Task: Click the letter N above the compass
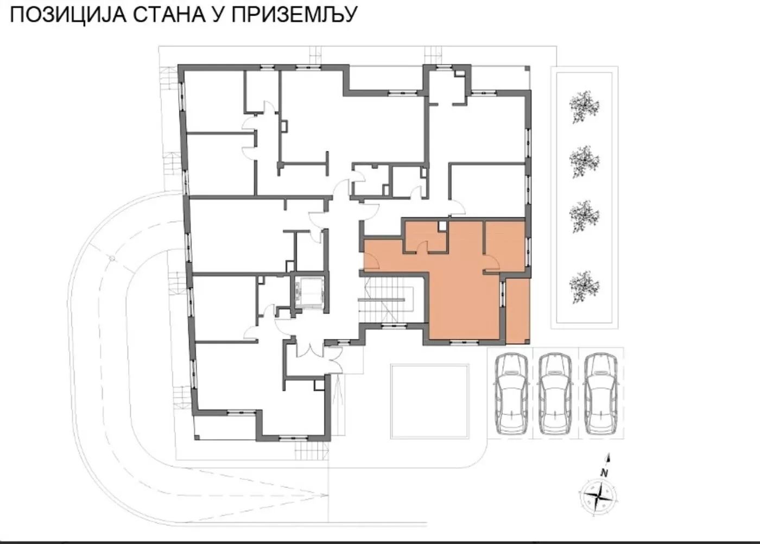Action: coord(604,473)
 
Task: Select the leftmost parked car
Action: coord(511,393)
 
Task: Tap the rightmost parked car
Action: coord(601,393)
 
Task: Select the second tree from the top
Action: coord(584,161)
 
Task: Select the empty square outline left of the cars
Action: coord(429,401)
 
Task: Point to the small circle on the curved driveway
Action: coord(111,259)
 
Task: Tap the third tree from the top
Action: coord(584,216)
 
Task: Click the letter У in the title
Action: coord(216,15)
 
